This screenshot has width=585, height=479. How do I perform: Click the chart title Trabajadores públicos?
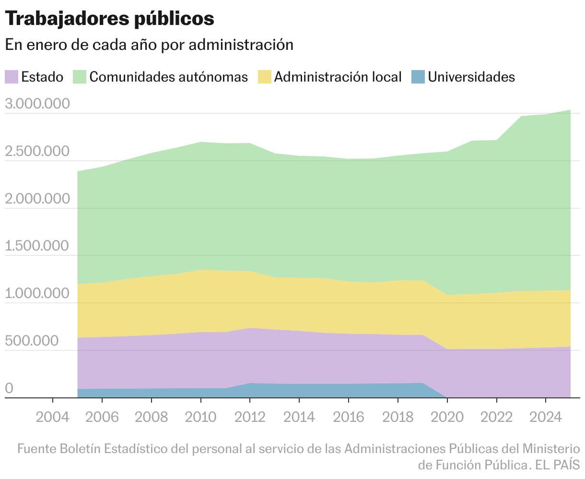[x=109, y=18]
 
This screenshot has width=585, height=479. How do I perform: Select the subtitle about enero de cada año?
[x=149, y=45]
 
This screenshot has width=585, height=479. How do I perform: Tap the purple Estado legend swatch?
[x=12, y=77]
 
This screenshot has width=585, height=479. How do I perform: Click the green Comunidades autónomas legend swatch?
[x=80, y=77]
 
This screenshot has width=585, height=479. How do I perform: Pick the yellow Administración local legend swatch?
[x=265, y=77]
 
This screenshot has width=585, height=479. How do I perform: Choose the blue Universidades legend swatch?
[x=418, y=77]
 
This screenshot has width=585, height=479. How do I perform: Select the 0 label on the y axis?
[x=9, y=388]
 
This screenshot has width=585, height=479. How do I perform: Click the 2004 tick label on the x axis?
[x=52, y=416]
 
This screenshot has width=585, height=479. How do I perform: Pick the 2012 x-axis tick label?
[x=250, y=416]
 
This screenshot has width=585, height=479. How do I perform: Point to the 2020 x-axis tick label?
[x=447, y=416]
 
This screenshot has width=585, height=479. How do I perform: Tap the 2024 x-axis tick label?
[x=545, y=416]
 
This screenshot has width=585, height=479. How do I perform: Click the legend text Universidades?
[x=471, y=77]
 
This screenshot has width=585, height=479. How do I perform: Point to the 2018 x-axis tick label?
[x=398, y=416]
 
